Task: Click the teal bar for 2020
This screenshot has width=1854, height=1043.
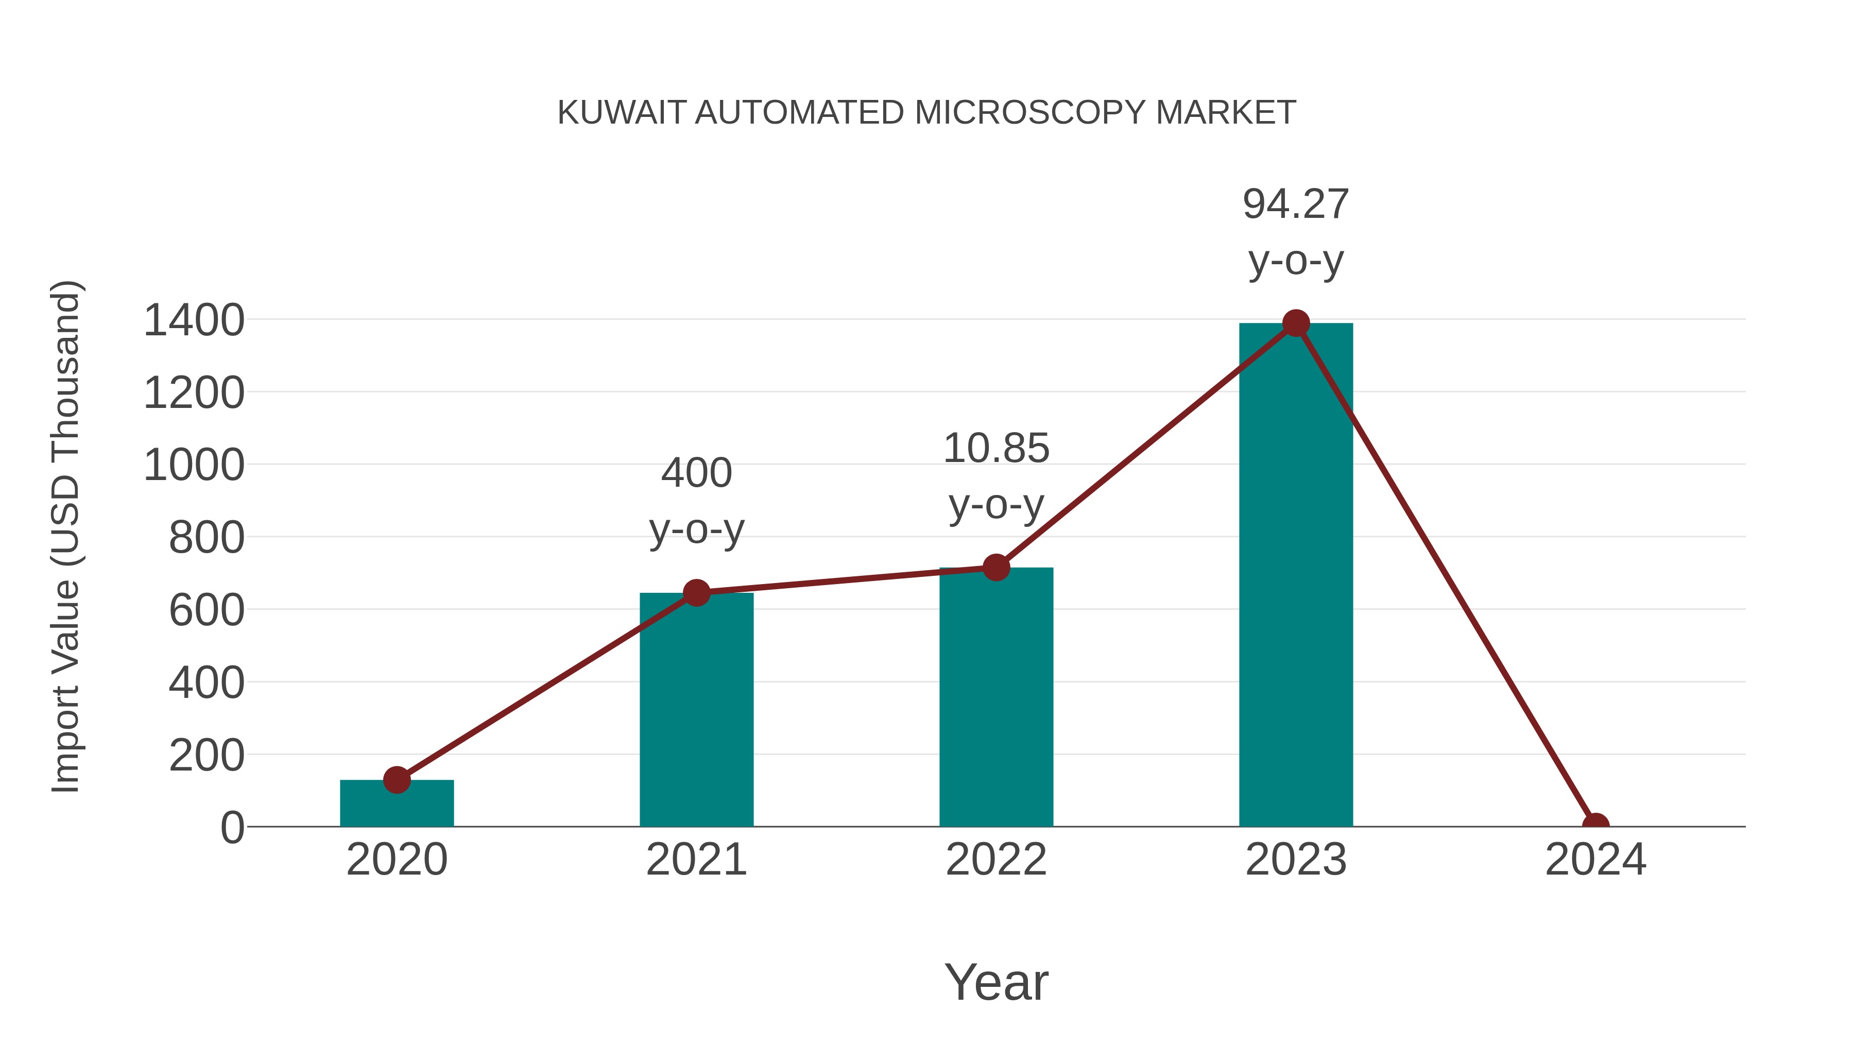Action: tap(397, 805)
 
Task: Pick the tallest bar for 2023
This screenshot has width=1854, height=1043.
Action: tap(1296, 576)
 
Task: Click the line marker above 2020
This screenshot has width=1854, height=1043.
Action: tap(397, 780)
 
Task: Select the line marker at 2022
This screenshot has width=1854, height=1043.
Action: tap(996, 567)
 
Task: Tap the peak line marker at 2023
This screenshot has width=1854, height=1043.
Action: tap(1296, 323)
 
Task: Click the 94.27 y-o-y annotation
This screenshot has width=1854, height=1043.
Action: tap(1296, 232)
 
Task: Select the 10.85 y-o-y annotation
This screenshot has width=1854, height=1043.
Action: tap(996, 476)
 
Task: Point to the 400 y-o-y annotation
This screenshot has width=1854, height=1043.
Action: tap(696, 501)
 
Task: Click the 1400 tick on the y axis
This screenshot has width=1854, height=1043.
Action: tap(194, 320)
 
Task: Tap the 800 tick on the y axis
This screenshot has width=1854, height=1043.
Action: tap(207, 538)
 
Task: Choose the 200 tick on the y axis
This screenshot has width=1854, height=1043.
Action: tap(207, 756)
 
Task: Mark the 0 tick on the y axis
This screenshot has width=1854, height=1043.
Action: tap(232, 828)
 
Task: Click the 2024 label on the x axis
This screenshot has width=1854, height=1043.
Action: tap(1595, 860)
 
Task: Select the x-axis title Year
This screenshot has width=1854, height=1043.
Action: tap(996, 982)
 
